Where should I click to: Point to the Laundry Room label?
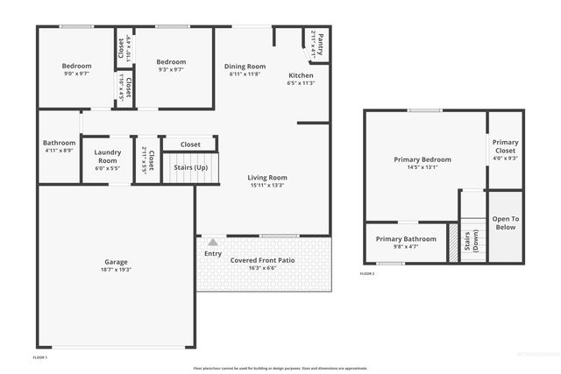107,156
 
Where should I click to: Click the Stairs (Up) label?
190,166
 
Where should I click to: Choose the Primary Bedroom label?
422,159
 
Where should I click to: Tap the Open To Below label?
505,222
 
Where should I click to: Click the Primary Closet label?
505,145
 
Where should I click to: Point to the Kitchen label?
301,75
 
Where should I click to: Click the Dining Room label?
245,67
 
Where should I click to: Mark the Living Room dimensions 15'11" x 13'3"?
266,185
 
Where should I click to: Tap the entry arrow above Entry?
212,241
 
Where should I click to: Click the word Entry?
213,254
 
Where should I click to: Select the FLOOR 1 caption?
40,357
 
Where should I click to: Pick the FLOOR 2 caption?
367,274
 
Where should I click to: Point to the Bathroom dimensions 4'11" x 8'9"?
60,151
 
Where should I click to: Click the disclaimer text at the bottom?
280,368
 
